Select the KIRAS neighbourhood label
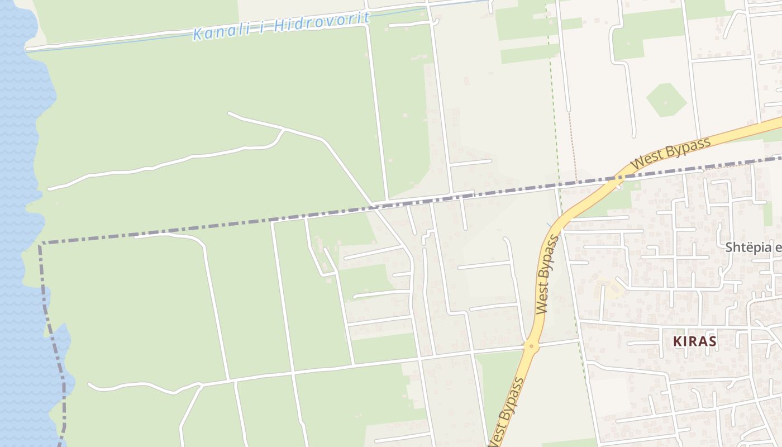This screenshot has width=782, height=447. [694, 341]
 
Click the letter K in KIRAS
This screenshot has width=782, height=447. [677, 341]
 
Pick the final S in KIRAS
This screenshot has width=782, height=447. [712, 341]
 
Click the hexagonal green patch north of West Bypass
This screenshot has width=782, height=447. [666, 100]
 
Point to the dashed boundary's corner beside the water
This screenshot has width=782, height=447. [40, 244]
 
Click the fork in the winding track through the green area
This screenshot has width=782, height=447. [284, 130]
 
